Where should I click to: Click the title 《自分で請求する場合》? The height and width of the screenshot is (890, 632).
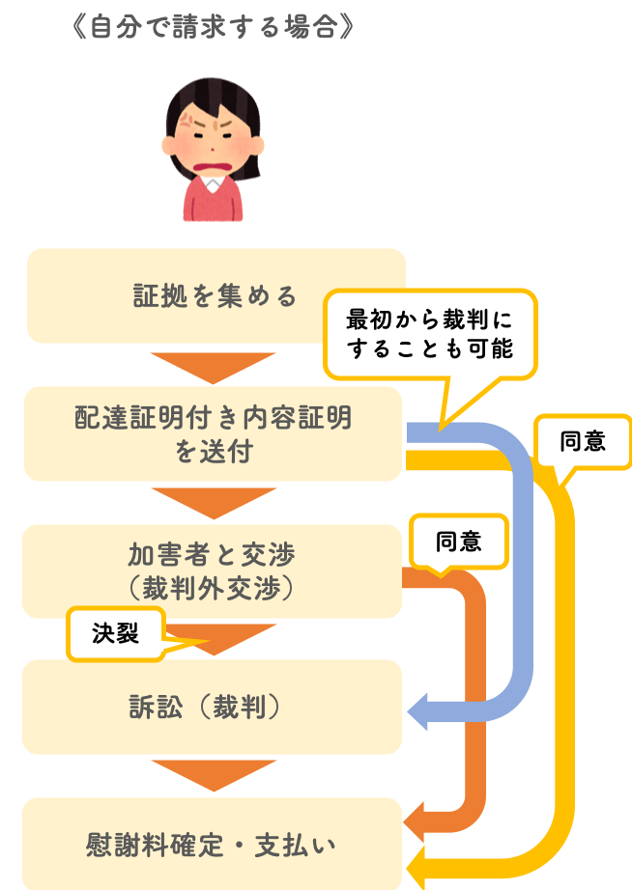214,27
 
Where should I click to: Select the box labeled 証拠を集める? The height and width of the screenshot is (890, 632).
215,295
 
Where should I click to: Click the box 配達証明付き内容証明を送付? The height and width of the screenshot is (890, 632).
214,434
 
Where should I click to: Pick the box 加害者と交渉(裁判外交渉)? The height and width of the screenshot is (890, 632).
212,571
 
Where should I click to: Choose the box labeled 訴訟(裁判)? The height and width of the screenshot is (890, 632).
212,708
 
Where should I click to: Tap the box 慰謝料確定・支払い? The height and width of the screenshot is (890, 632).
212,844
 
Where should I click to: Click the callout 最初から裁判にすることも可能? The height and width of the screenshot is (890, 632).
430,335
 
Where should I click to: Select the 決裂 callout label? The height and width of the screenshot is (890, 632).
116,633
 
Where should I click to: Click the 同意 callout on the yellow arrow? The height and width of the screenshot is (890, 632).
582,441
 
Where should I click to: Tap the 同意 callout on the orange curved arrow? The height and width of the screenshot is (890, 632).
459,542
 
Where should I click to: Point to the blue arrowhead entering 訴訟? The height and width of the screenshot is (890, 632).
418,710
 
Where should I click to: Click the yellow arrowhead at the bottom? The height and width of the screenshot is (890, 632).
417,868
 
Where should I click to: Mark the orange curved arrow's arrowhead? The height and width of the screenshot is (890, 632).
415,821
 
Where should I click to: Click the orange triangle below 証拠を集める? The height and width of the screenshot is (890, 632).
214,367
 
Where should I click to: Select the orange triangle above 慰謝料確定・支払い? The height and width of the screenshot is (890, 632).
214,774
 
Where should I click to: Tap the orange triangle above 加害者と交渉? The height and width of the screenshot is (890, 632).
214,502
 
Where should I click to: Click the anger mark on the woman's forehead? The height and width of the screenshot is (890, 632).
187,120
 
